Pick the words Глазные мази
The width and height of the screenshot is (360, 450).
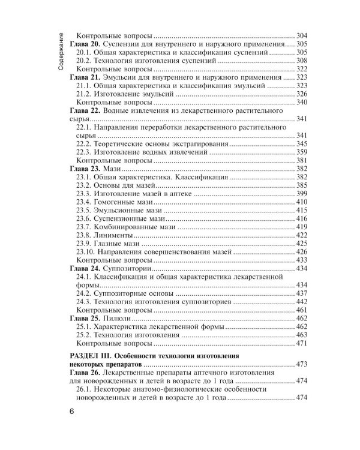click(x=115, y=244)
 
